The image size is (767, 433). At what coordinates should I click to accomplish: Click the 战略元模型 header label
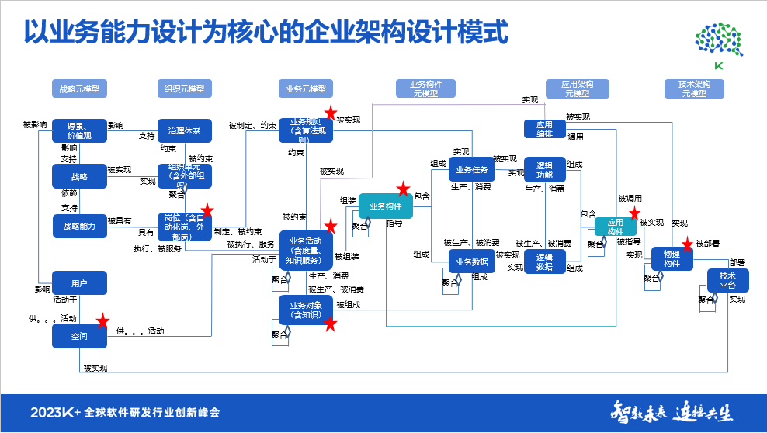click(x=79, y=88)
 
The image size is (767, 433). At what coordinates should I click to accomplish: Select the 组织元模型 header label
click(x=185, y=88)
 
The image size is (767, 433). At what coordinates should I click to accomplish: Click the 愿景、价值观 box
click(x=79, y=131)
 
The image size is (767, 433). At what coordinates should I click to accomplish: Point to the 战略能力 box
click(x=79, y=226)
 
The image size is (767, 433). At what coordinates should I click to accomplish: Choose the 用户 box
click(x=79, y=283)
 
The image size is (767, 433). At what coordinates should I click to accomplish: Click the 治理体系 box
click(x=185, y=131)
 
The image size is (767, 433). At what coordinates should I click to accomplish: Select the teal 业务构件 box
click(x=385, y=206)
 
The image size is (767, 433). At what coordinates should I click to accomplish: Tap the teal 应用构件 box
click(x=616, y=227)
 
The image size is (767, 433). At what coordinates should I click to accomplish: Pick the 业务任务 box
click(x=472, y=169)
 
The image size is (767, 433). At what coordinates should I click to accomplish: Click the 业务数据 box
click(x=472, y=262)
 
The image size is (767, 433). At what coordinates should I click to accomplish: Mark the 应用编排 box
click(x=544, y=129)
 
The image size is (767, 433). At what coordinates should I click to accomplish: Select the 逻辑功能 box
click(x=544, y=169)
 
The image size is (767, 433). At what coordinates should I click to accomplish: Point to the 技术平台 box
click(x=727, y=280)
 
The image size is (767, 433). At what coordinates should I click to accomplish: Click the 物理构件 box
click(x=672, y=259)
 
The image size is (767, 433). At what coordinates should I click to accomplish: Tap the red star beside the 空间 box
click(x=102, y=321)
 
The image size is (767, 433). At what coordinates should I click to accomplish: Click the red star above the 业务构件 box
click(x=403, y=189)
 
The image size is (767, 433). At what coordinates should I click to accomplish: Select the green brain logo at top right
click(x=718, y=40)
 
